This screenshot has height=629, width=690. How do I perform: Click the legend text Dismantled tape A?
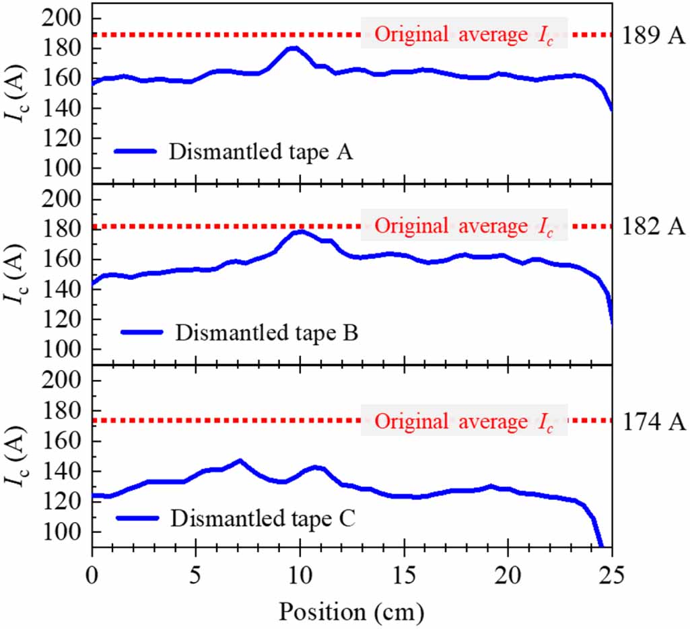click(261, 152)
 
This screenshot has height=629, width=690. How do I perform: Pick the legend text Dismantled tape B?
click(266, 332)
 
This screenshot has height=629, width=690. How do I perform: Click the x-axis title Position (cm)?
click(351, 612)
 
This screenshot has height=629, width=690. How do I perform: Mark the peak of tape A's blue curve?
click(293, 48)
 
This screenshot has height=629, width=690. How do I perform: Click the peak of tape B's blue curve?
click(301, 231)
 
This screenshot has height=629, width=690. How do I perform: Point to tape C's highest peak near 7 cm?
click(240, 461)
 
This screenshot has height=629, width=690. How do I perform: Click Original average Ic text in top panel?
click(464, 34)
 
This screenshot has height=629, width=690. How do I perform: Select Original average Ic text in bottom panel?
click(464, 421)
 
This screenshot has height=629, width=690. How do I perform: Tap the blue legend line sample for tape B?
click(142, 332)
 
